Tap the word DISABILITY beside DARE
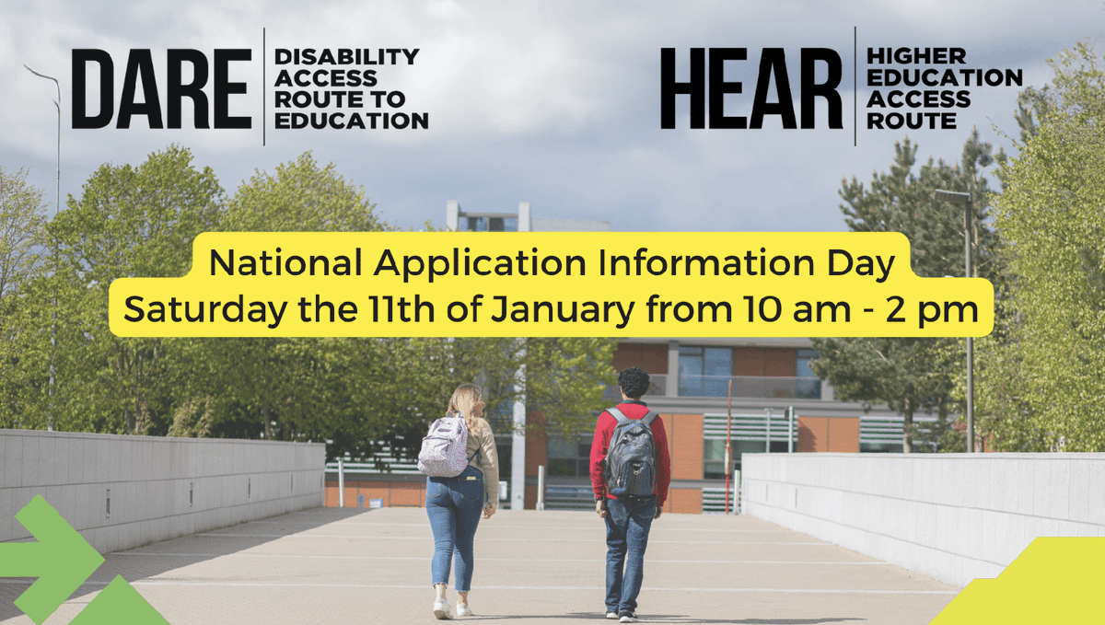346,57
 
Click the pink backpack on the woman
445,447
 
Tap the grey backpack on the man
632,453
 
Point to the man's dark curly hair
633,382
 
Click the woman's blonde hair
466,402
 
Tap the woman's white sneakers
450,608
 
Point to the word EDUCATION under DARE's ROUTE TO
351,121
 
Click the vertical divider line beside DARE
264,87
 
